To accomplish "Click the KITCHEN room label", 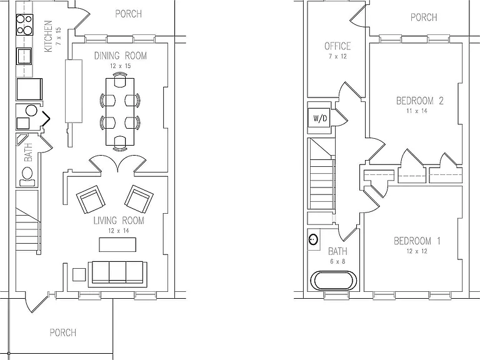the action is click(x=48, y=36).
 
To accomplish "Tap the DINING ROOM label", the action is click(x=120, y=56).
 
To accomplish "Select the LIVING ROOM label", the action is click(x=119, y=221).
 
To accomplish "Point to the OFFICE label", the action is click(x=337, y=46).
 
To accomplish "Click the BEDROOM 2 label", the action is click(x=420, y=101).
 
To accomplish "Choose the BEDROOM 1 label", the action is click(x=417, y=241).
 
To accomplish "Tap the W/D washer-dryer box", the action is click(x=319, y=118).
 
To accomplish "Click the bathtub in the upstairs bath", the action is click(x=334, y=280).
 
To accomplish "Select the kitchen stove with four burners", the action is click(x=25, y=24).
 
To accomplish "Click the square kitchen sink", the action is click(x=24, y=56).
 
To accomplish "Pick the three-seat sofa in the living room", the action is click(x=117, y=274).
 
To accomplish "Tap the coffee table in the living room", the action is click(x=117, y=244).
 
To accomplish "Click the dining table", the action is click(x=120, y=111).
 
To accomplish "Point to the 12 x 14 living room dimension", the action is click(x=119, y=231).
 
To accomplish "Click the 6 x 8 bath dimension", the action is click(x=337, y=262).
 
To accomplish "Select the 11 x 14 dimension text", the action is click(x=417, y=111).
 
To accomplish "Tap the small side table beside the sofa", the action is click(x=79, y=274).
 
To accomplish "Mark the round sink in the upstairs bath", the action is click(x=313, y=239).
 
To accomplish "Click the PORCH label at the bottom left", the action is click(x=62, y=332).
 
